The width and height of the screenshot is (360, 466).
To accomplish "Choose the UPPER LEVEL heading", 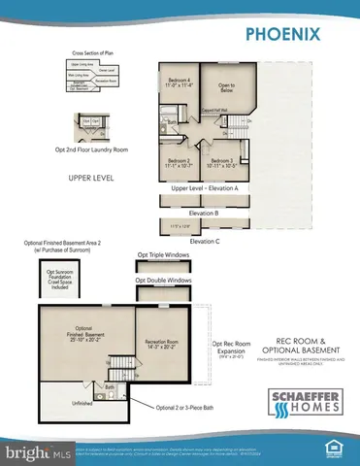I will point(92,180).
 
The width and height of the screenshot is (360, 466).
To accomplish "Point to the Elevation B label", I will point(203,211).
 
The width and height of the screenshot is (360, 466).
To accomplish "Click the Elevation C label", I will point(205,240).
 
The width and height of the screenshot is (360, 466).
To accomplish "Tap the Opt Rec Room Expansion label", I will point(235,348).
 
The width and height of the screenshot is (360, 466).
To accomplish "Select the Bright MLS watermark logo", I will point(30,452).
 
